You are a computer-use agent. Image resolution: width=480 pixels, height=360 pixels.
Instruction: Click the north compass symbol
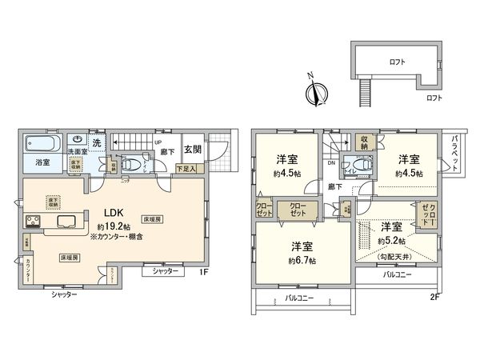click(x=317, y=90)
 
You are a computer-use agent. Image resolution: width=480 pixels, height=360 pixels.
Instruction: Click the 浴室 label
click(x=42, y=164)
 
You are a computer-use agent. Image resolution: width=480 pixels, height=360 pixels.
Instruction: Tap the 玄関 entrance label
click(x=192, y=149)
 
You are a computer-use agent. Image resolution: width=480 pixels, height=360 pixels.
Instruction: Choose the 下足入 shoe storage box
click(x=186, y=168)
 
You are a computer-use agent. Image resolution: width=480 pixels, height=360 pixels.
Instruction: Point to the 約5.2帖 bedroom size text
click(x=392, y=240)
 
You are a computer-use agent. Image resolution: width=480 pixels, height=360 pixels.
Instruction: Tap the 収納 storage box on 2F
click(x=362, y=140)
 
